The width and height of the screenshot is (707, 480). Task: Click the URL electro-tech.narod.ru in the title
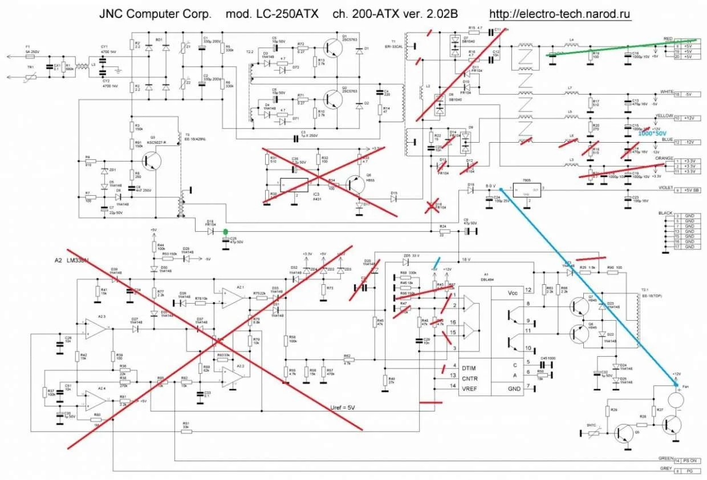click(560, 13)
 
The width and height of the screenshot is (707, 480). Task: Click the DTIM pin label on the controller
click(469, 366)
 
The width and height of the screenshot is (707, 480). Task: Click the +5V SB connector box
click(689, 189)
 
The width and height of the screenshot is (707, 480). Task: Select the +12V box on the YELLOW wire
click(689, 118)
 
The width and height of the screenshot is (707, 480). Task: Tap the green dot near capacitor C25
click(226, 232)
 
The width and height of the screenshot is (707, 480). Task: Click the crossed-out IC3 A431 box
click(293, 185)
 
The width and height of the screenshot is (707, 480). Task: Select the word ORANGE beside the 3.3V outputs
click(664, 158)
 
